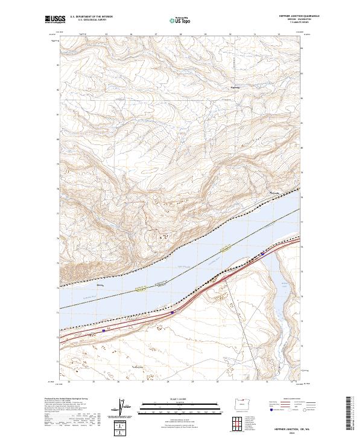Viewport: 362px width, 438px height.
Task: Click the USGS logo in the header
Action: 55,19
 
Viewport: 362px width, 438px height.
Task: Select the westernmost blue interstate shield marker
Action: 104,330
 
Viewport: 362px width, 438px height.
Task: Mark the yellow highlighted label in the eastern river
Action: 226,248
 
